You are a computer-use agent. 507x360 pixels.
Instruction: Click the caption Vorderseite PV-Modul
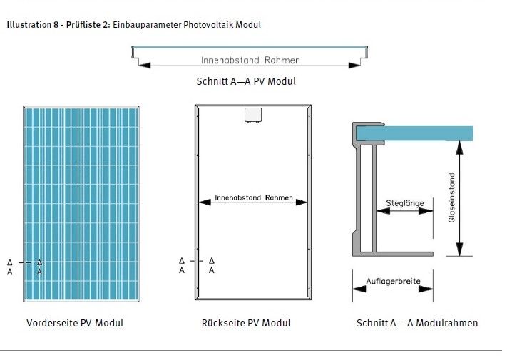[x=75, y=323]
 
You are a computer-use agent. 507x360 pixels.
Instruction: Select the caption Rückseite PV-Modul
[x=246, y=323]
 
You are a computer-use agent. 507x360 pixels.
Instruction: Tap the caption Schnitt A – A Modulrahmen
[x=417, y=323]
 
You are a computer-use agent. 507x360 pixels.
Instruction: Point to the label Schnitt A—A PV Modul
[x=246, y=81]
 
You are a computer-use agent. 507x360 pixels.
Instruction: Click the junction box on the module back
[x=253, y=115]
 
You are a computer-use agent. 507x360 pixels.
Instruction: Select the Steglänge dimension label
[x=405, y=203]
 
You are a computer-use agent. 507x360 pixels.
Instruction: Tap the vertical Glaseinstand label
[x=451, y=197]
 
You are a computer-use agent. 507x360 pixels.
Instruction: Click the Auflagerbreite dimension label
[x=393, y=281]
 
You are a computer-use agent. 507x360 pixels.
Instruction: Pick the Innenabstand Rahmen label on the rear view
[x=254, y=197]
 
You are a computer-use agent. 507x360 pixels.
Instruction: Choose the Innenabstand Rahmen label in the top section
[x=250, y=60]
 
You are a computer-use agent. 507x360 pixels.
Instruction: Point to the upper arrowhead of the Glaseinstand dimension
[x=459, y=147]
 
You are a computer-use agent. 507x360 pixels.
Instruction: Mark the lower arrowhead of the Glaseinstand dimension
[x=459, y=250]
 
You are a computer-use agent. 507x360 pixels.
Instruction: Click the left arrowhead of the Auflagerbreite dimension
[x=359, y=289]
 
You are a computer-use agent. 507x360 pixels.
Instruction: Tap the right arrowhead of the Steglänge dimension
[x=426, y=211]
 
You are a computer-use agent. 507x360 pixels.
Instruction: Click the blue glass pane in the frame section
[x=414, y=133]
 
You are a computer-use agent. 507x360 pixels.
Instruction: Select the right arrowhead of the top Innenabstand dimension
[x=354, y=66]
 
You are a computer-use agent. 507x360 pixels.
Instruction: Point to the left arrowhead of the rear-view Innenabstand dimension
[x=205, y=202]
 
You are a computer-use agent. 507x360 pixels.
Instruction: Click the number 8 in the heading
[x=56, y=24]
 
